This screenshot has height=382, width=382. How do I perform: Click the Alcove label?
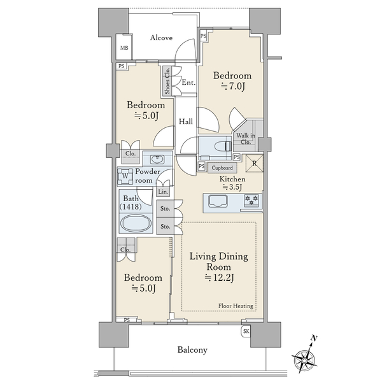pyautogui.click(x=161, y=38)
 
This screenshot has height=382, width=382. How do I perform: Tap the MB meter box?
pyautogui.click(x=124, y=47)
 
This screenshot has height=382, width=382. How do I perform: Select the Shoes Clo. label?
pyautogui.click(x=167, y=81)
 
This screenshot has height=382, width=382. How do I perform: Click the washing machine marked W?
pyautogui.click(x=125, y=176)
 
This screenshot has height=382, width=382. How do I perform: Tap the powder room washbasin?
pyautogui.click(x=157, y=160)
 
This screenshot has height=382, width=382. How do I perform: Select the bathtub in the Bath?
pyautogui.click(x=136, y=223)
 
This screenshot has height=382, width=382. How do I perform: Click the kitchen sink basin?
pyautogui.click(x=218, y=201)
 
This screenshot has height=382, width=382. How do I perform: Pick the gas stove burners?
pyautogui.click(x=251, y=200)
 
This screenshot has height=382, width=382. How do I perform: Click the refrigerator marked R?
pyautogui.click(x=254, y=163)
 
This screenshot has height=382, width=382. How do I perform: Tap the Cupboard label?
pyautogui.click(x=222, y=168)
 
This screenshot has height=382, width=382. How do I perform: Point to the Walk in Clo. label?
pyautogui.click(x=246, y=139)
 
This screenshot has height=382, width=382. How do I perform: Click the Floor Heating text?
pyautogui.click(x=236, y=306)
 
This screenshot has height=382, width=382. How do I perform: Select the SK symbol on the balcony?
pyautogui.click(x=246, y=331)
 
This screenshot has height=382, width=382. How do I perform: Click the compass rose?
pyautogui.click(x=304, y=359)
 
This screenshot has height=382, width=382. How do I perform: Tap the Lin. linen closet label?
pyautogui.click(x=163, y=192)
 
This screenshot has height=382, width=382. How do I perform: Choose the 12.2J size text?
pyautogui.click(x=220, y=278)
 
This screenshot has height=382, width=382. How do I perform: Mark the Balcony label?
pyautogui.click(x=192, y=350)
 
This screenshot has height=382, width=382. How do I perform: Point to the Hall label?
pyautogui.click(x=186, y=122)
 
